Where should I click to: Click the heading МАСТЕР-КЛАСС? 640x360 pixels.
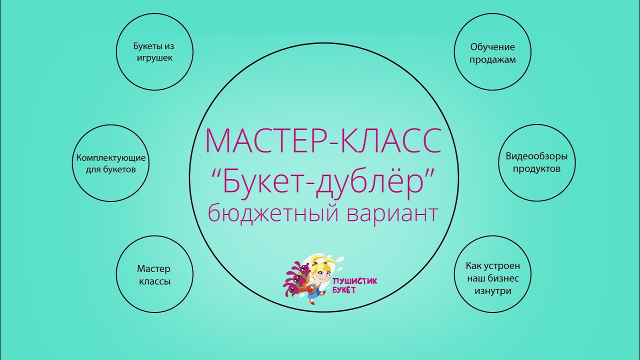(323, 141)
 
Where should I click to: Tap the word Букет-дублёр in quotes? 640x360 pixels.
(323, 181)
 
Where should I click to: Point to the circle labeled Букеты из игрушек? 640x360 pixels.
(154, 52)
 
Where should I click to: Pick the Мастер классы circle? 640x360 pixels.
(154, 274)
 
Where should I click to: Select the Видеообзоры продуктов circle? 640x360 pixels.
(536, 162)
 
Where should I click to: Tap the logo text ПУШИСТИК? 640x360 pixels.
(354, 281)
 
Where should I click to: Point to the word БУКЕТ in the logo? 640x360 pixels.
(344, 291)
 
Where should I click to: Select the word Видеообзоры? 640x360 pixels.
(536, 156)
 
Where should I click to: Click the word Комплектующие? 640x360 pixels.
(111, 158)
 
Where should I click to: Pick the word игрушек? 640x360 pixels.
(154, 58)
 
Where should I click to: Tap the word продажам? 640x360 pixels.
(492, 59)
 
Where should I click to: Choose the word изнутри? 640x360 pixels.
(492, 291)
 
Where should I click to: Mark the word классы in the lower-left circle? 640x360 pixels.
(154, 281)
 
